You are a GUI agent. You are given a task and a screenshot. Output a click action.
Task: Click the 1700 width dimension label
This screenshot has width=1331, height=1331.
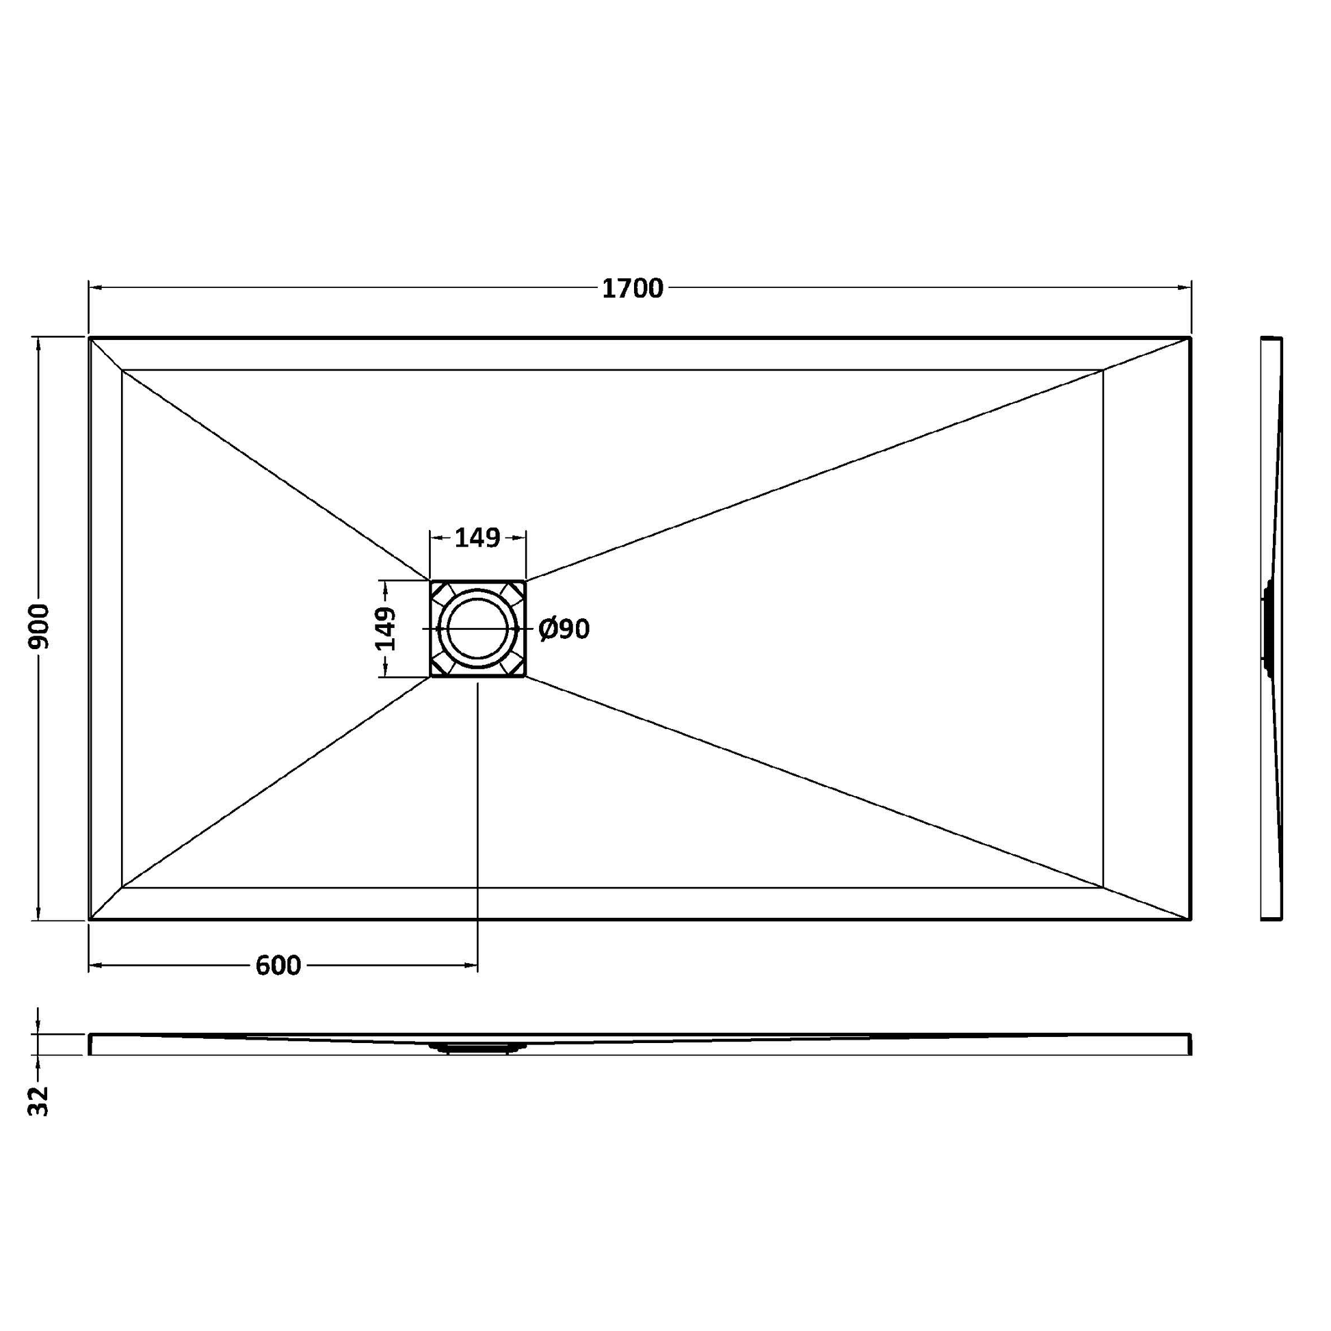coord(633,289)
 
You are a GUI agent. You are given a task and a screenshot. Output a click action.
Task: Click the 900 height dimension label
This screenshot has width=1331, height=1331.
coord(39,627)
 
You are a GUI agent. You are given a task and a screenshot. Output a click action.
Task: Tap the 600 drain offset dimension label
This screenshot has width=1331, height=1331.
coord(278,966)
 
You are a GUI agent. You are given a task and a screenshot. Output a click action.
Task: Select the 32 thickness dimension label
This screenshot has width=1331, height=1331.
coord(39,1101)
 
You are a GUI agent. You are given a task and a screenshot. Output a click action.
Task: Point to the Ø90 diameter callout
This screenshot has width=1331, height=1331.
coord(564,629)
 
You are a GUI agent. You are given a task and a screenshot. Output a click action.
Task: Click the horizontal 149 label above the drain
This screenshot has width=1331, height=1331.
coord(477,538)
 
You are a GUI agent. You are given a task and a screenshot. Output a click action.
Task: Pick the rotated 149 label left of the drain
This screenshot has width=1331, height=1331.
coord(385,629)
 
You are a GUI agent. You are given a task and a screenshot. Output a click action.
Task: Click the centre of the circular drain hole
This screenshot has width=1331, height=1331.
coord(478,629)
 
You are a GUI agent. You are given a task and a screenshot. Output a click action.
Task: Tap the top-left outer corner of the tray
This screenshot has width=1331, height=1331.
coord(90,338)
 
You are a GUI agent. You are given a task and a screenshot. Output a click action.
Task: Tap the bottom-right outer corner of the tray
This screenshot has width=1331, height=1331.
coord(1191,919)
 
